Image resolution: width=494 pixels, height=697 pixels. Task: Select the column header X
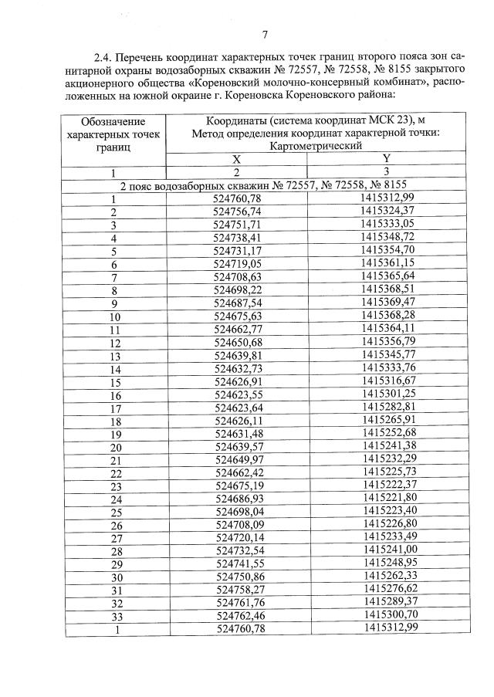pos(237,158)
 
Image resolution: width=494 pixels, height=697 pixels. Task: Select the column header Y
pos(387,158)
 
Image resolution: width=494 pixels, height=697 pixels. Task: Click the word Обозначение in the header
pos(113,121)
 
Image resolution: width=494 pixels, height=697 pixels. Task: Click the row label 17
pos(116,408)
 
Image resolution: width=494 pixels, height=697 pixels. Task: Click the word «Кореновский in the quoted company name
pos(216,83)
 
